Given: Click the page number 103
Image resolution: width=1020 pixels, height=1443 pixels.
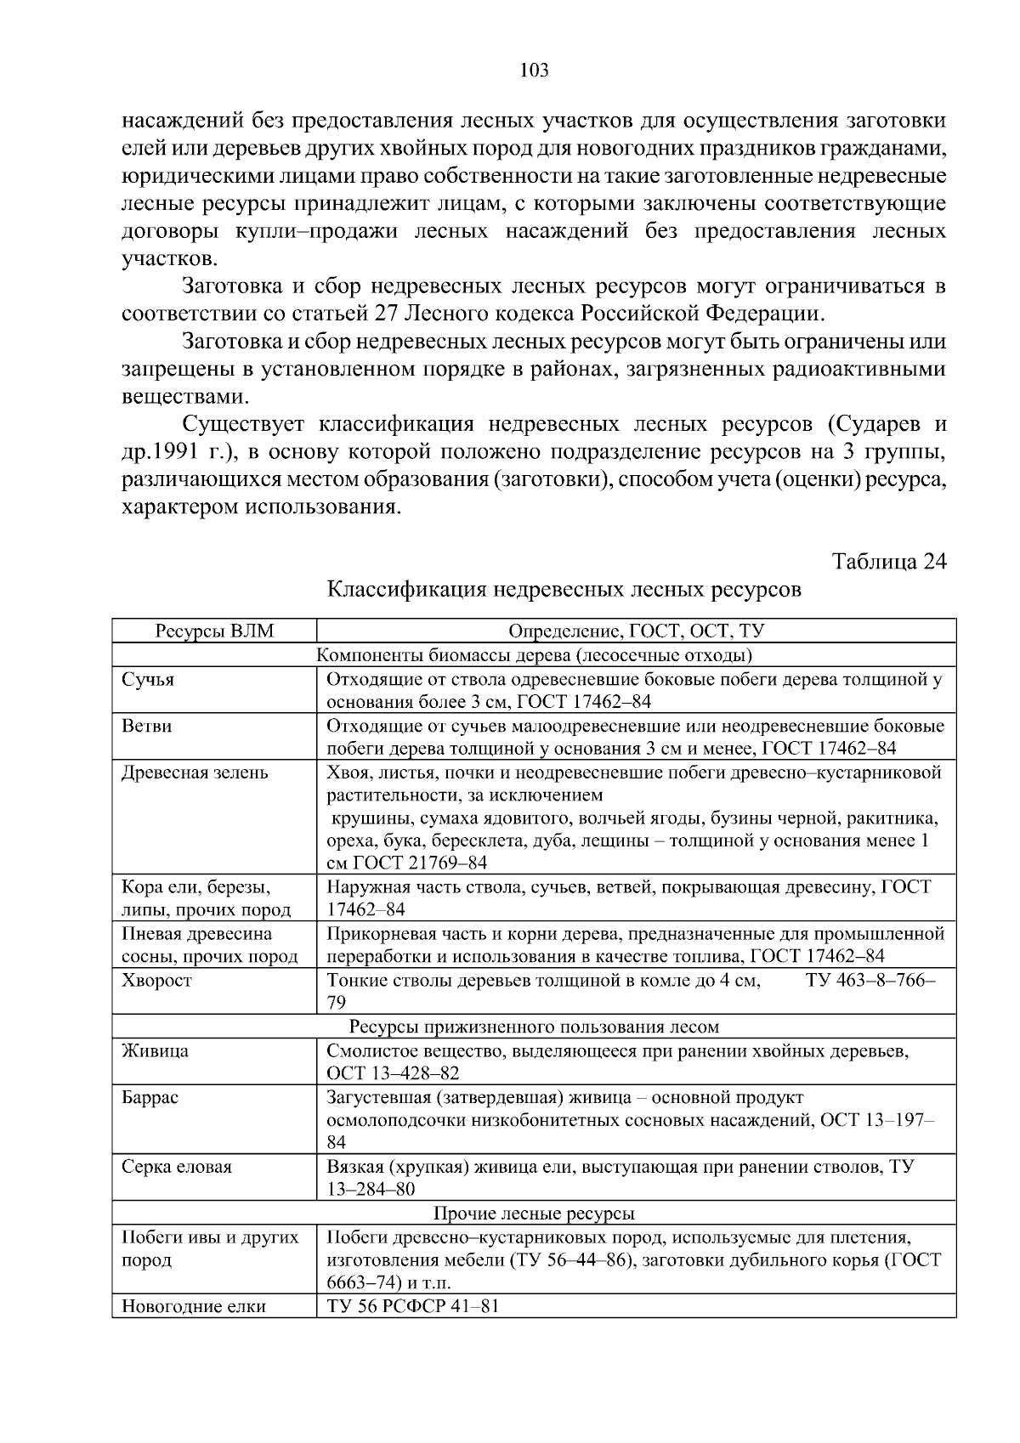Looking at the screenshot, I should tap(534, 71).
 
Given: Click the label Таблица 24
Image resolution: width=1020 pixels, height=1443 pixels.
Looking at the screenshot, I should tap(888, 562).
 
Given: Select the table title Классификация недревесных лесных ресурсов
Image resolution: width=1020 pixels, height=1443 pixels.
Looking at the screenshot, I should tap(564, 589).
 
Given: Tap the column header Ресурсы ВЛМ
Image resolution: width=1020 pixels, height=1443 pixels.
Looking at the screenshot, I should tap(214, 631).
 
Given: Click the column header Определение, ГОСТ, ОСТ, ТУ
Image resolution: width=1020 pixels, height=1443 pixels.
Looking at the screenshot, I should tap(636, 631).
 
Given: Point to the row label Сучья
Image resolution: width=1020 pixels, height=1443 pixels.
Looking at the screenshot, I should tap(149, 680).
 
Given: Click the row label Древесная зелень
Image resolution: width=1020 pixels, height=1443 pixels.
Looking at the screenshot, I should tap(195, 772).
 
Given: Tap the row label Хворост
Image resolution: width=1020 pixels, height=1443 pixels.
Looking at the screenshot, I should tap(157, 980).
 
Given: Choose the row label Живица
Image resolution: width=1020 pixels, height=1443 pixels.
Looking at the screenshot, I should tap(155, 1050).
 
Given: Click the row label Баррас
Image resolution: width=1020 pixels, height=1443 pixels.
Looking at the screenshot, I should tap(150, 1097).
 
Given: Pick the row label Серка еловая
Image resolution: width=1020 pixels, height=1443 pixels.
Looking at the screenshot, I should tap(177, 1167).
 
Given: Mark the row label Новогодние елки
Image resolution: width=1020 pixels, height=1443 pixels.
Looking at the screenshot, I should tap(194, 1306).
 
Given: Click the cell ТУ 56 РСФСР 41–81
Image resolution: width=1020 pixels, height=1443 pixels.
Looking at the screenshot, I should tap(412, 1306).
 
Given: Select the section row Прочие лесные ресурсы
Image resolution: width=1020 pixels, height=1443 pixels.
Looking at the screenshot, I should tap(534, 1214).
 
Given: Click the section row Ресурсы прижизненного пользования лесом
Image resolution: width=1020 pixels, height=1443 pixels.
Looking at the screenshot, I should tap(534, 1027).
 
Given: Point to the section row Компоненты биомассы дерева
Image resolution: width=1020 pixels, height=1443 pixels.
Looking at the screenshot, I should tap(534, 655).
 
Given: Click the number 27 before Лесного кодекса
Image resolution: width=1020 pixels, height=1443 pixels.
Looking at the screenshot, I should tap(387, 314).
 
